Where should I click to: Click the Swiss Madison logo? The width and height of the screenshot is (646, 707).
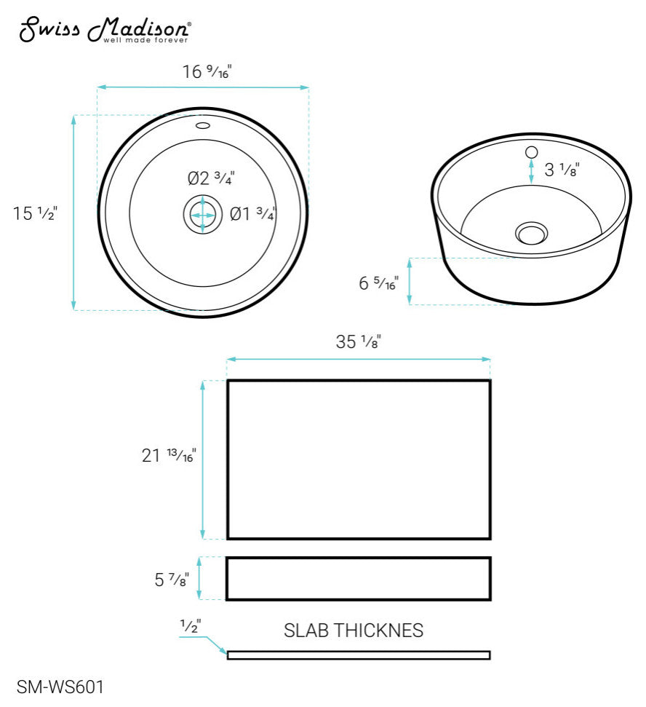[105, 30]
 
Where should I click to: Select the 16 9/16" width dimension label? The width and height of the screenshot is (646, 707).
[207, 71]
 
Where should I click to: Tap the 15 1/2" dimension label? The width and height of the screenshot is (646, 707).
[35, 213]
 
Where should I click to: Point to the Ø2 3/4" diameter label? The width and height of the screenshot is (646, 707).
[211, 178]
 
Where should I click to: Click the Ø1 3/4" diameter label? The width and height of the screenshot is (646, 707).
[252, 213]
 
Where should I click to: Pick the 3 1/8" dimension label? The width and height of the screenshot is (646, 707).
[562, 170]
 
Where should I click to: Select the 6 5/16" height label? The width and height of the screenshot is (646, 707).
[379, 283]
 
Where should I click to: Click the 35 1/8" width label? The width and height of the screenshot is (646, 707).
[359, 341]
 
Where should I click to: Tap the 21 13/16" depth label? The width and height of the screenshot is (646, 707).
[169, 455]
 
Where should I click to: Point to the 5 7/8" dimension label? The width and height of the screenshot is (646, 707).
[172, 580]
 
